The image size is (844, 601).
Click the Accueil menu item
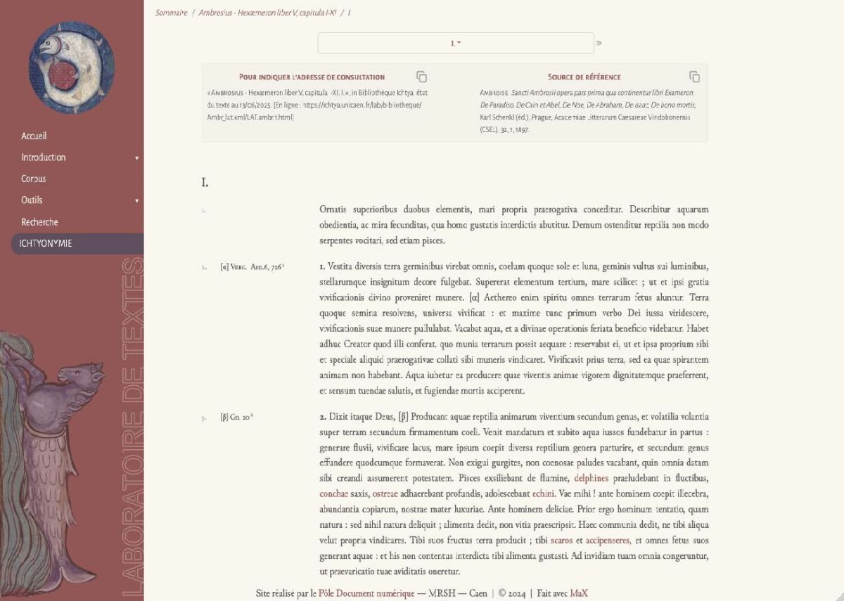34,136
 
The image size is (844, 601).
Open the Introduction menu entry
44,157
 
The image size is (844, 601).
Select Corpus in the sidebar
34,179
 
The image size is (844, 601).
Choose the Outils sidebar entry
32,200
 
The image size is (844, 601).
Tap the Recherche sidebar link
39,222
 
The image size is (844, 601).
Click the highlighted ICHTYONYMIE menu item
46,244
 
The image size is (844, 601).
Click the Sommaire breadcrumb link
172,13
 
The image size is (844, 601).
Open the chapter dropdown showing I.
456,44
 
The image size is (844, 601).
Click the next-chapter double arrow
599,44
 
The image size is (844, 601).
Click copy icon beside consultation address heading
421,77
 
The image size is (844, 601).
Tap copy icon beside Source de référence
694,77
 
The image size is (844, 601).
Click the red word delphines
592,479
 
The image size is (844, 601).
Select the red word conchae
334,493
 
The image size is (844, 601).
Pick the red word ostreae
385,493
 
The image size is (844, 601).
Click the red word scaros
562,540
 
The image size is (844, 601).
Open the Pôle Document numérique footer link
366,593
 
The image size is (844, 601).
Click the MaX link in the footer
578,593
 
